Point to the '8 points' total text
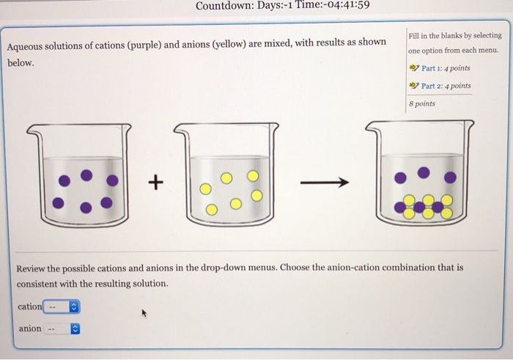tap(422, 103)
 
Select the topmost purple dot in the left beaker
tap(86, 175)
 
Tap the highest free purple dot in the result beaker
tap(424, 173)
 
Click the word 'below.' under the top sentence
tap(21, 63)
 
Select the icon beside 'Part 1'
tap(414, 68)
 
